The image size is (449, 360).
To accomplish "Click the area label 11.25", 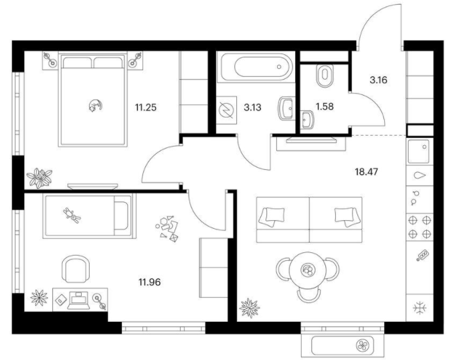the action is click(146, 108).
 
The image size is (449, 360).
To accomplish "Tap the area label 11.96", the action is click(150, 282).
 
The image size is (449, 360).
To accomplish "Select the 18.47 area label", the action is click(367, 172).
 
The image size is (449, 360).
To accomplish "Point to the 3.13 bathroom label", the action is click(252, 108).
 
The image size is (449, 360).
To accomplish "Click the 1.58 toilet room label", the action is click(325, 106).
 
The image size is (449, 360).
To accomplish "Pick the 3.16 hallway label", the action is click(378, 80).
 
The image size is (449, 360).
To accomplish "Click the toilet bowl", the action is click(325, 76).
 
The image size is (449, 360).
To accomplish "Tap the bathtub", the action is click(256, 67).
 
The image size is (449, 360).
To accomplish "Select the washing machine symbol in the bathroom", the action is click(226, 110).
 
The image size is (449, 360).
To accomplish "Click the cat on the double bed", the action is click(95, 105).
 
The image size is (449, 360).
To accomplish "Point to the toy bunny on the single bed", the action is click(72, 215).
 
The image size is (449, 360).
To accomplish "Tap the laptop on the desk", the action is click(79, 300).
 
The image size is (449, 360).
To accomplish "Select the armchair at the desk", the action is click(76, 269).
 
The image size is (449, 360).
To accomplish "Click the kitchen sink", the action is click(419, 151).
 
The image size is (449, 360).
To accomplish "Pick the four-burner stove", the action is click(420, 227).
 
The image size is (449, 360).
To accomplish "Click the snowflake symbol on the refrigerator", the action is click(420, 308).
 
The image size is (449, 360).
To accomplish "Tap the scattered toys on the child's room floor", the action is click(167, 228).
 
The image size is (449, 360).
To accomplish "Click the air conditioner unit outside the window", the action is click(343, 345).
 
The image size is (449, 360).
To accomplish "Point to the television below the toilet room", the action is click(311, 140).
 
